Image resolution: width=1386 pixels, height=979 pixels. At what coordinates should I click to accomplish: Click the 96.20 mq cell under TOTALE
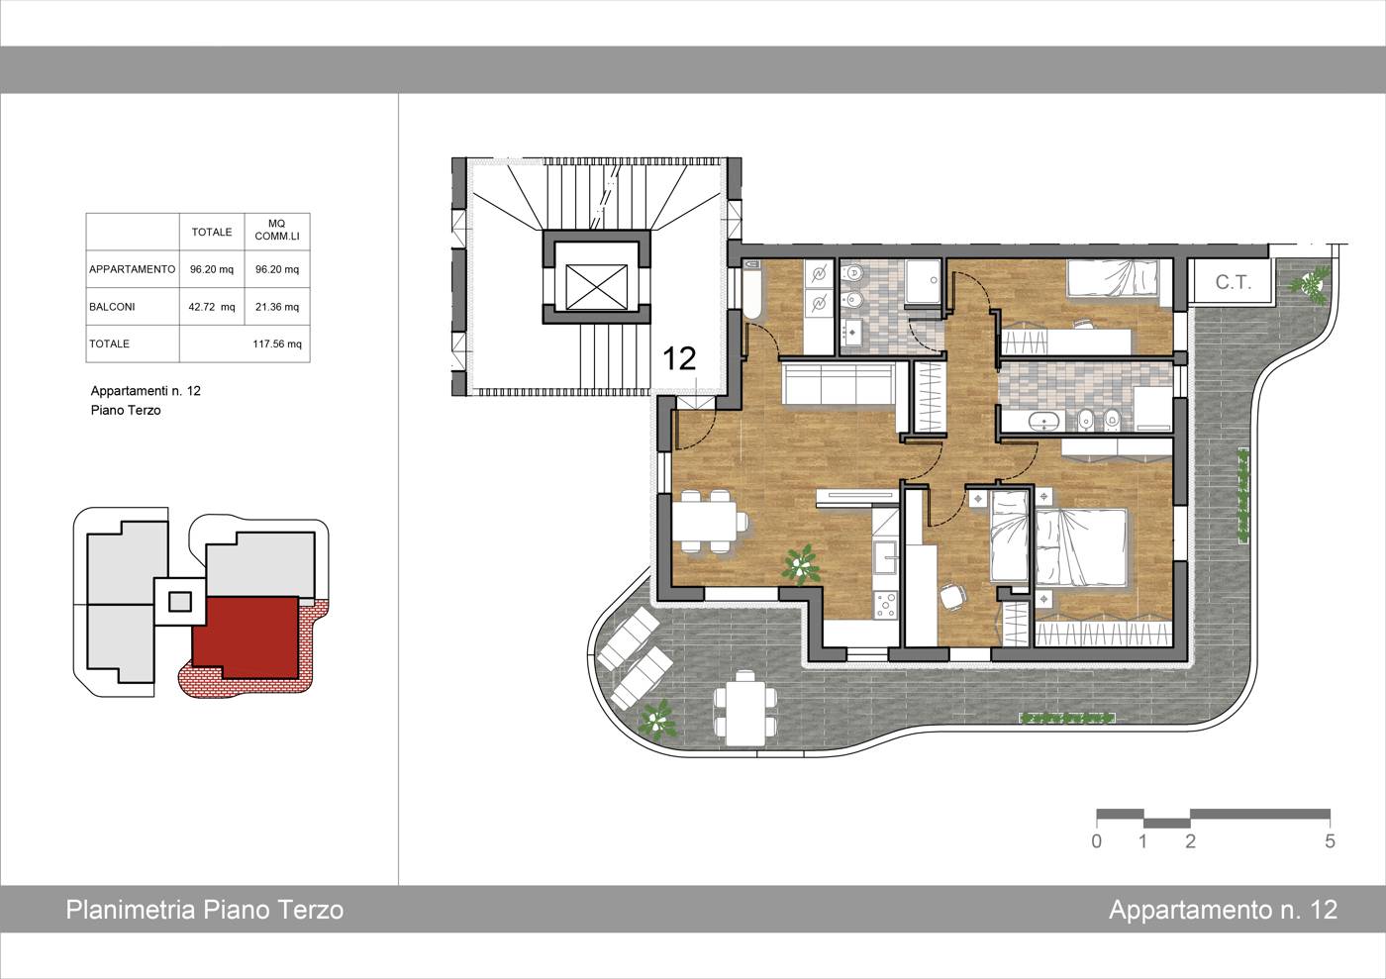coord(212,269)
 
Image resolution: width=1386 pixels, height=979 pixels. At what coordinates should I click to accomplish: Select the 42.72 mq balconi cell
coord(212,306)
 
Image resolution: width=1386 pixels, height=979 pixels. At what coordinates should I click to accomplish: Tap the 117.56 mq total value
coord(276,343)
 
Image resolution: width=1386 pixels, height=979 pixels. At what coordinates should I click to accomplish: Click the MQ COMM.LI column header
coord(276,231)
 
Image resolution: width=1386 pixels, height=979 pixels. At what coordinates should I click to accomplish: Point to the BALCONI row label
coord(112,306)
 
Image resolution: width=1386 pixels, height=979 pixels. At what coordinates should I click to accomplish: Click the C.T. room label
coord(1234,282)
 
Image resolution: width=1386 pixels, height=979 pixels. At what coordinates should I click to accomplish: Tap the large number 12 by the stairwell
coord(679,358)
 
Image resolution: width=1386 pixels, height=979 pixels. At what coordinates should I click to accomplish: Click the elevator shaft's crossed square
coord(596,287)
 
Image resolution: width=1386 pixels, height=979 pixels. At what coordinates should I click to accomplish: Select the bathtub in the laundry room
coord(751,290)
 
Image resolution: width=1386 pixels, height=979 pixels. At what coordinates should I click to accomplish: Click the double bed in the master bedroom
coord(1080,547)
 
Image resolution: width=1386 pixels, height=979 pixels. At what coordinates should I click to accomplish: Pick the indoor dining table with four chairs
coord(711,521)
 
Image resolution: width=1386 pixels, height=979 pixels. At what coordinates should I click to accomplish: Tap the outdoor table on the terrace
coord(745,709)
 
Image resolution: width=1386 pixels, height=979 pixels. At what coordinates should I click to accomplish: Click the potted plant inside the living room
coord(801,564)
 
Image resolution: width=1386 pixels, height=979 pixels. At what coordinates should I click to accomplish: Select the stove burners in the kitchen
coord(885,605)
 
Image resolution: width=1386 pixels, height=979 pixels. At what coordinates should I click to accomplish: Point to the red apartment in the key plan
coord(246,636)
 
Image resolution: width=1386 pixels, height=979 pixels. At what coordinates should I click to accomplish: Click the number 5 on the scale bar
coord(1330,841)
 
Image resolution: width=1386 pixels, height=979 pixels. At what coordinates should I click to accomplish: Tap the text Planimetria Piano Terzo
coord(205,910)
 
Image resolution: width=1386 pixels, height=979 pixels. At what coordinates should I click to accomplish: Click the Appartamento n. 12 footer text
coord(1224,910)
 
